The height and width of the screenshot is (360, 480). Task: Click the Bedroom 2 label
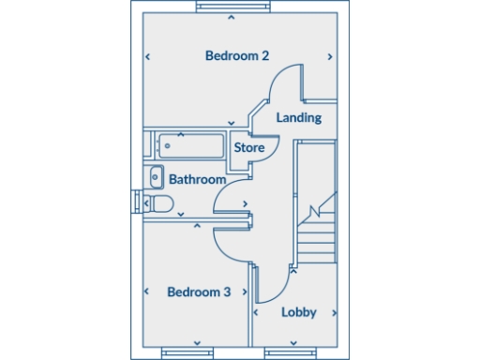pos(237,56)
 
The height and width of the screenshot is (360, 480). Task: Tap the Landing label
pos(300,118)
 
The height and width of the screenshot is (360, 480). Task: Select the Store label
pos(248,148)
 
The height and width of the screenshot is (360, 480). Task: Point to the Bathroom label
pos(197,179)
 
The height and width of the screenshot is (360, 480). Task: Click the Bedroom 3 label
pos(199,292)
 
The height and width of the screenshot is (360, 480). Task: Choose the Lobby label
pos(299,312)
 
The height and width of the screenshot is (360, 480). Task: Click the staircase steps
pos(316,234)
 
